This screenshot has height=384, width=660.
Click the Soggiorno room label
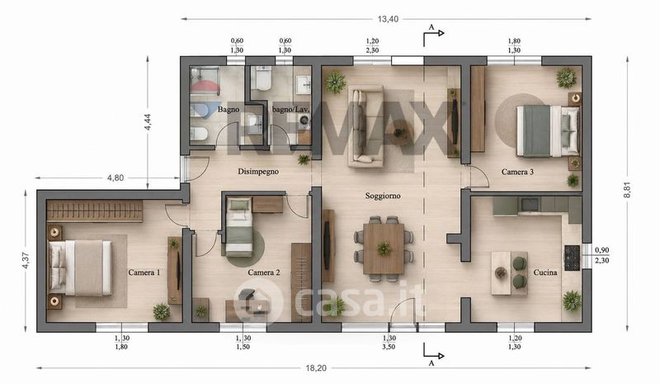(383, 196)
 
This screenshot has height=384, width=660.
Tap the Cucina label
(545, 273)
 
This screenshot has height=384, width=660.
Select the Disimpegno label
(258, 172)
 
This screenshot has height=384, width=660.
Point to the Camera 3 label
(517, 172)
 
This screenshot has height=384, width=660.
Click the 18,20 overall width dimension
(316, 368)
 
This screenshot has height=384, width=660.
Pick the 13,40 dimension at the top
(388, 19)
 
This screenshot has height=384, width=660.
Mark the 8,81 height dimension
(627, 191)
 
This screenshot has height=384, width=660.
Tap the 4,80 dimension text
(115, 178)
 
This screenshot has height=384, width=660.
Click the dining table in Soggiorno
(384, 249)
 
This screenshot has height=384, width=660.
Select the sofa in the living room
(365, 126)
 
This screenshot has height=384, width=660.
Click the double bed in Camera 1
(80, 268)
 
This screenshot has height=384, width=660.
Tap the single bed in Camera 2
(239, 227)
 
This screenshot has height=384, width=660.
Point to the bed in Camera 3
(548, 131)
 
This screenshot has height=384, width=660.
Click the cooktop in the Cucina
(572, 258)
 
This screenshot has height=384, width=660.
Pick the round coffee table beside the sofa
(398, 131)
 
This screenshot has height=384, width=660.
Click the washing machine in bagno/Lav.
(304, 121)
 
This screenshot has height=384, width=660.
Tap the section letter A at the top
(431, 27)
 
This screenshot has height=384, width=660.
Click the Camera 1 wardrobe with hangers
(95, 211)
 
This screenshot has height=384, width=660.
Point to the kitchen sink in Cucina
(529, 205)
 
